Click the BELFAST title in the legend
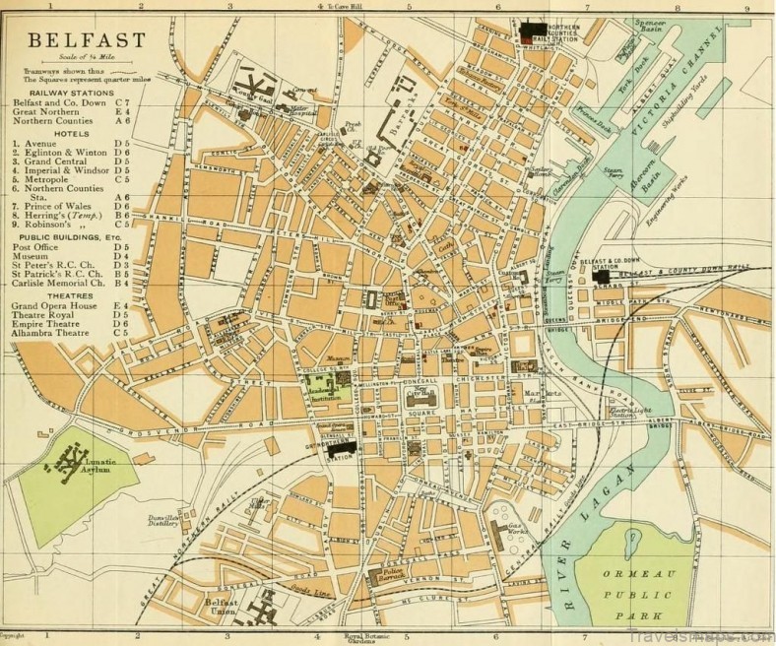tap(87, 41)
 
